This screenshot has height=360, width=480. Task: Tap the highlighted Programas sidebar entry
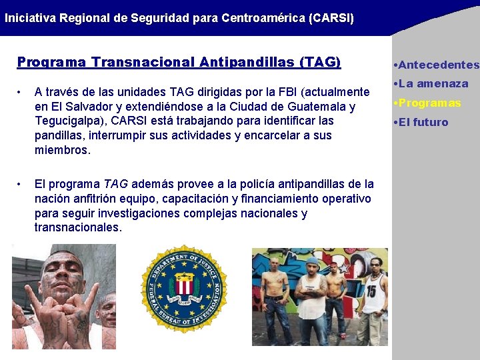429,103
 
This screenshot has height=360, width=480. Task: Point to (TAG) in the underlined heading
320,62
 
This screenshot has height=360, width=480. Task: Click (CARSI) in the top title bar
331,17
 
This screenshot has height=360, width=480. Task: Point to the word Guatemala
313,106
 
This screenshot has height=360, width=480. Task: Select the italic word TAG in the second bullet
115,184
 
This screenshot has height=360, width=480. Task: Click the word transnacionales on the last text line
78,228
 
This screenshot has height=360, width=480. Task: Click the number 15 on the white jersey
371,291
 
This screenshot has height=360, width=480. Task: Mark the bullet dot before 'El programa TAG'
21,184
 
